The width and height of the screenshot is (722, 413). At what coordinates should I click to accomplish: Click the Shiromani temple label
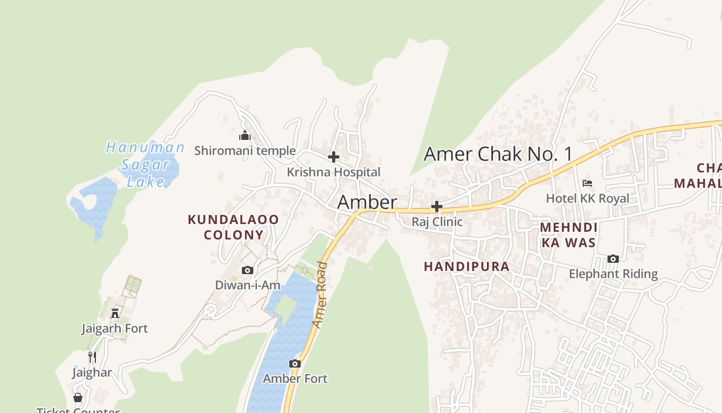[245, 151]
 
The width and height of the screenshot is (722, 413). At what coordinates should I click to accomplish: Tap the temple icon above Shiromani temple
[245, 136]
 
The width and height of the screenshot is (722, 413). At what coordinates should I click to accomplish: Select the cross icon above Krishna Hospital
[334, 156]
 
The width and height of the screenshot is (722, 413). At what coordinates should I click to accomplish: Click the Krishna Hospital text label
[334, 172]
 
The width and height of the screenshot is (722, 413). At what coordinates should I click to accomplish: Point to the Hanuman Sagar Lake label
[145, 164]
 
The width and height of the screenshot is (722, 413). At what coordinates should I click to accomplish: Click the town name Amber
[367, 202]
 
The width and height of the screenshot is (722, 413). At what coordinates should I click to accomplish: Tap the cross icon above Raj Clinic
[437, 206]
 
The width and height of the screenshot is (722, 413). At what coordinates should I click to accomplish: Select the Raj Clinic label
[437, 221]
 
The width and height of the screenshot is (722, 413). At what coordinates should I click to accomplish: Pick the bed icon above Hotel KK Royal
[587, 183]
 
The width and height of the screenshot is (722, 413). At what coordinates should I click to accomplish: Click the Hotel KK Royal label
[587, 198]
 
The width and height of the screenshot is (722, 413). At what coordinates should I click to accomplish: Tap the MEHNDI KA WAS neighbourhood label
[568, 235]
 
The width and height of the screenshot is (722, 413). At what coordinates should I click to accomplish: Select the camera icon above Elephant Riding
[613, 259]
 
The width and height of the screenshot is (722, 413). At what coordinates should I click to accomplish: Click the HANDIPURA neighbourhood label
[467, 266]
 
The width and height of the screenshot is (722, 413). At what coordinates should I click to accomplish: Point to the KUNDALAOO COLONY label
[233, 227]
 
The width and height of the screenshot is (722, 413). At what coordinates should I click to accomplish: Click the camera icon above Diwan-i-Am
[248, 270]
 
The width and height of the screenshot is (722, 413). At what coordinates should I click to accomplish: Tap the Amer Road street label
[320, 295]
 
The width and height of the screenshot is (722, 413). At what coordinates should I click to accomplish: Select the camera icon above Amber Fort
[295, 363]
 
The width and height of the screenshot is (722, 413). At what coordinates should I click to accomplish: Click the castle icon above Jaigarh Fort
[115, 313]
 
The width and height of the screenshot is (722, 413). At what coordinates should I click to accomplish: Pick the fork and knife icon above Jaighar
[92, 357]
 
